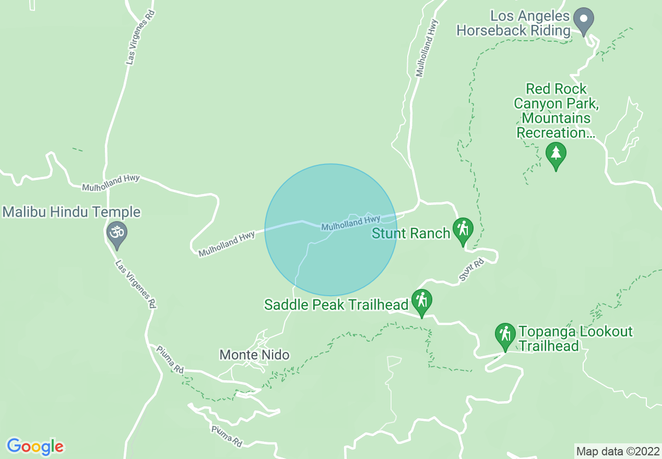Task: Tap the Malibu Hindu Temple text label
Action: click(x=72, y=212)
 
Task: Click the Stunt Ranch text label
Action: click(x=411, y=233)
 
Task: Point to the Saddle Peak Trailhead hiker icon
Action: click(x=421, y=301)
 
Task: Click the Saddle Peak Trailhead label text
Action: click(x=336, y=305)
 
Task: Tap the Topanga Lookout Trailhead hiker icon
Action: click(x=505, y=334)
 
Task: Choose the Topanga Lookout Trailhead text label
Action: click(x=575, y=339)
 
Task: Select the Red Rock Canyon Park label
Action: click(x=556, y=111)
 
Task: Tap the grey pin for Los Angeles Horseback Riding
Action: click(x=584, y=20)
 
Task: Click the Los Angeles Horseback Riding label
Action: click(x=513, y=23)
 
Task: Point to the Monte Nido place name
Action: click(x=254, y=355)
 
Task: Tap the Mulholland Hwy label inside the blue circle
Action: click(x=351, y=224)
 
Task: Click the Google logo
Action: click(x=35, y=446)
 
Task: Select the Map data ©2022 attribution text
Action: click(x=617, y=451)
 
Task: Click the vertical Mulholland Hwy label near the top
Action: click(x=425, y=49)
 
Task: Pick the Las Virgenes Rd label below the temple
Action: click(x=135, y=285)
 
